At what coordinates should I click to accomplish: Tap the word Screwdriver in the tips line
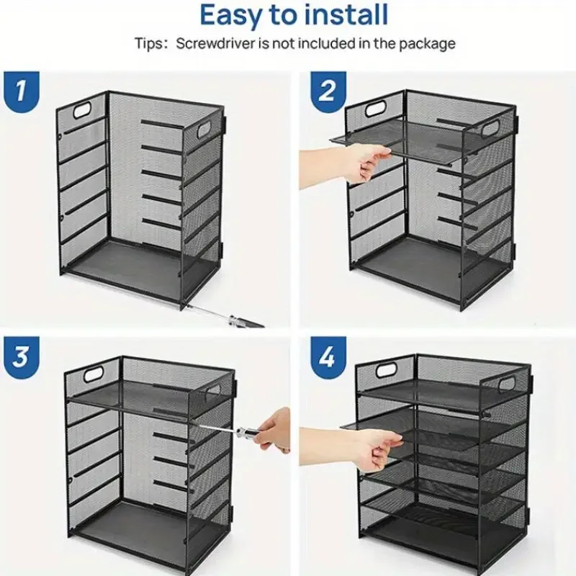click(x=215, y=44)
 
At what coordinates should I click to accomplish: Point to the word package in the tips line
click(x=427, y=45)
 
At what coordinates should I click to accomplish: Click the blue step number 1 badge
click(x=22, y=91)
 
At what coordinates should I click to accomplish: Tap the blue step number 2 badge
click(x=328, y=91)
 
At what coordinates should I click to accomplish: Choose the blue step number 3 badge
click(x=22, y=356)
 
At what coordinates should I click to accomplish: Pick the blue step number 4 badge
click(x=328, y=356)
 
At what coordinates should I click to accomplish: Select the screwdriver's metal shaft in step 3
click(x=218, y=428)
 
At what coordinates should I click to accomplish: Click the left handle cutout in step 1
click(x=83, y=111)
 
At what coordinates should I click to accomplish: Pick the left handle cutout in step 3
click(x=93, y=374)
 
